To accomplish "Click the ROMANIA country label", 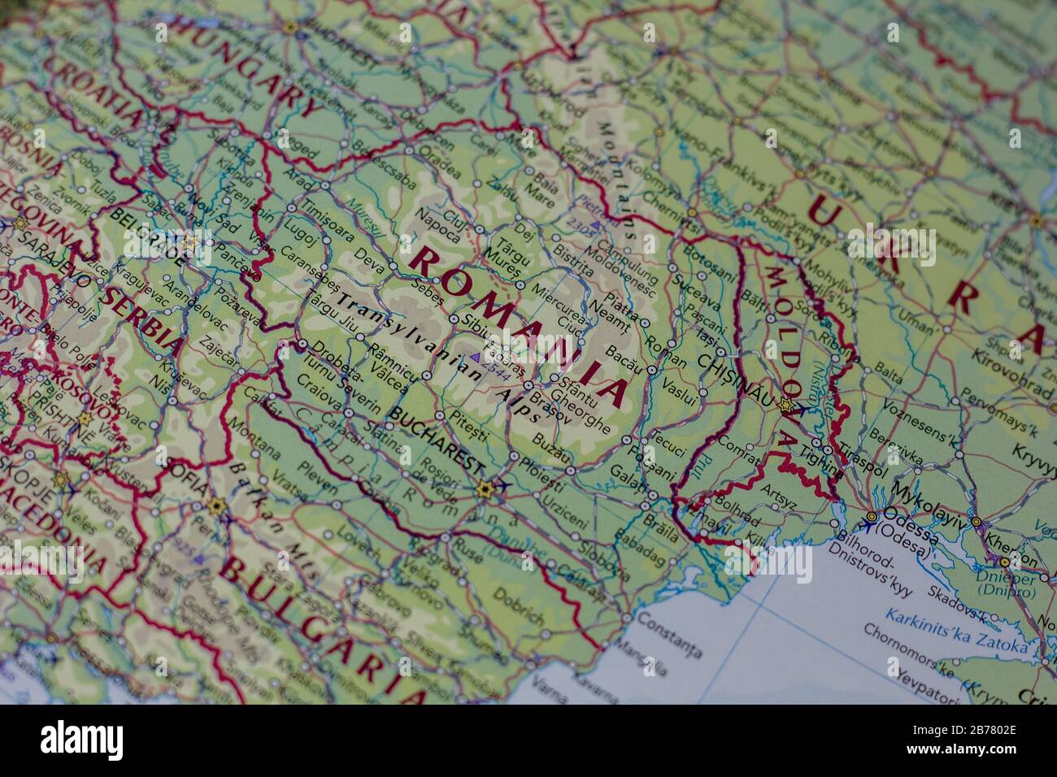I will (520, 328).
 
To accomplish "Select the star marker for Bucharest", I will (485, 489).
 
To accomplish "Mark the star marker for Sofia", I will (215, 506).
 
